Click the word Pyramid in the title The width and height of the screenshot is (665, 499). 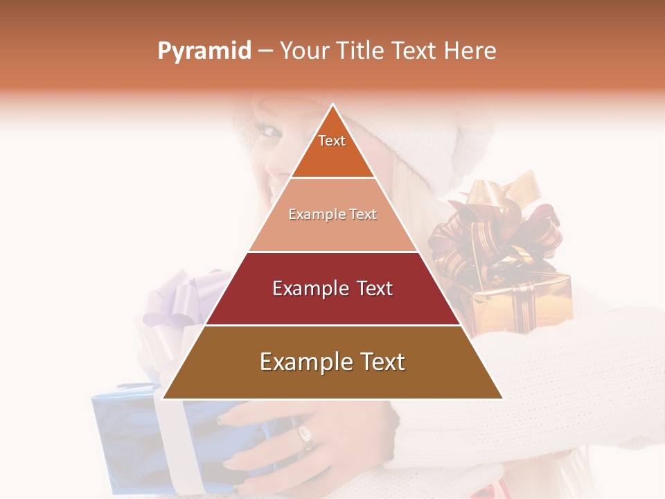click(204, 51)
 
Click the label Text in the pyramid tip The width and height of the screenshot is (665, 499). click(332, 141)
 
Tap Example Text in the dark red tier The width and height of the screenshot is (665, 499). click(332, 288)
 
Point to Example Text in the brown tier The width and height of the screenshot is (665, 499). click(332, 362)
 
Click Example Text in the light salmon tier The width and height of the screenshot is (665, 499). click(332, 214)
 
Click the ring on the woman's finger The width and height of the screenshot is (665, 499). click(305, 436)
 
